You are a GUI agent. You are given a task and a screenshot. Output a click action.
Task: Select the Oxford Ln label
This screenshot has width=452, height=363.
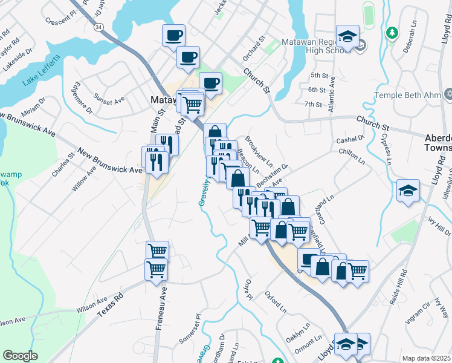275,302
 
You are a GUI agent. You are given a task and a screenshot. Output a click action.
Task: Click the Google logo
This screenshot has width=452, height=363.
20,356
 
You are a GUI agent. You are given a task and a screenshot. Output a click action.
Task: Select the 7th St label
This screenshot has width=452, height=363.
313,104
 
